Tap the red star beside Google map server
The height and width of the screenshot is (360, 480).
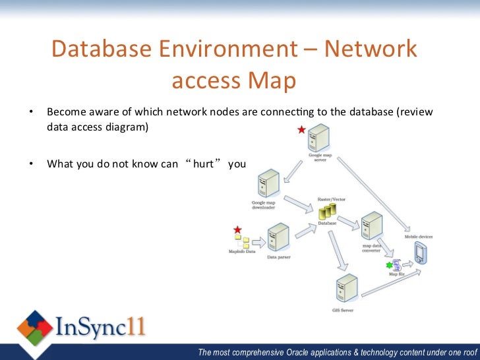point(302,130)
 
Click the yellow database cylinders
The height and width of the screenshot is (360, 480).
point(327,211)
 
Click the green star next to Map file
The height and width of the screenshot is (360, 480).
point(389,265)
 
